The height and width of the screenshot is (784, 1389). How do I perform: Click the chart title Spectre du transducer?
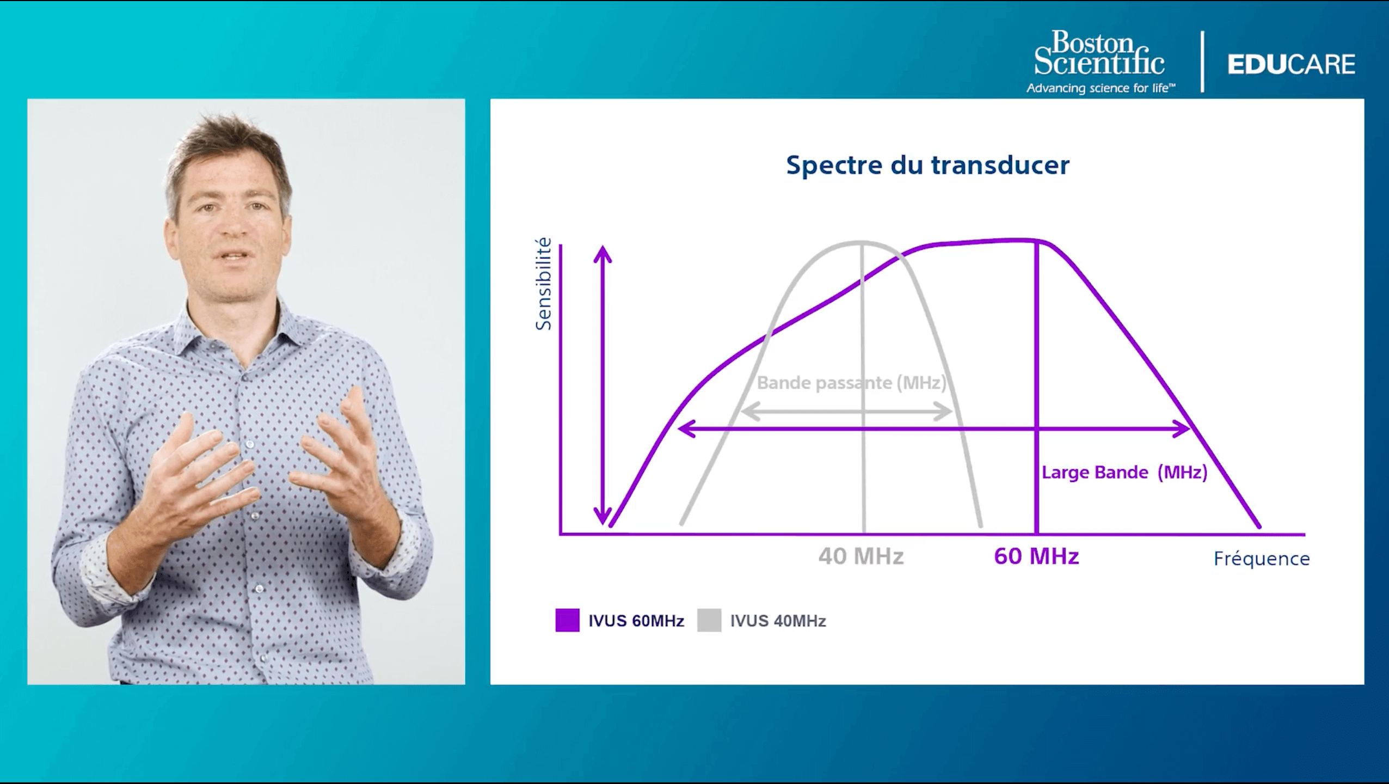tap(927, 166)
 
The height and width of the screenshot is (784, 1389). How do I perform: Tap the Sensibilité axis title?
tap(543, 284)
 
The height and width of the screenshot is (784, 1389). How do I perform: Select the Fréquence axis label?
tap(1262, 559)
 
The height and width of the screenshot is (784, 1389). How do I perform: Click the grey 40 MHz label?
tap(861, 556)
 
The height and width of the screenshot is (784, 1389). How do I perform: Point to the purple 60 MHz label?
tap(1036, 556)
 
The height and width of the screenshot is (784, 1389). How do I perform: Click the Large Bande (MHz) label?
tap(1124, 472)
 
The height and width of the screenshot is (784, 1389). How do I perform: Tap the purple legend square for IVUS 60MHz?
tap(567, 620)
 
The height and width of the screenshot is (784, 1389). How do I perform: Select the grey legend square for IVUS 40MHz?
tap(709, 620)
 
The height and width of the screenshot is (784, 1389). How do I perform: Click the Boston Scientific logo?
tap(1099, 53)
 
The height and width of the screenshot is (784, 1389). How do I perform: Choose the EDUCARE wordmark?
tap(1291, 64)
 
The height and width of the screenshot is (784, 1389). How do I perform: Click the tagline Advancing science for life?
tap(1101, 88)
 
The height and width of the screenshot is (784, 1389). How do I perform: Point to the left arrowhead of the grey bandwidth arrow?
tap(748, 412)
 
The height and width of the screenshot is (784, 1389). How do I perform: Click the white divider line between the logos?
tap(1202, 62)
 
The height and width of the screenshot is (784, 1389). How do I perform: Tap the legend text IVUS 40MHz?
tap(778, 621)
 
